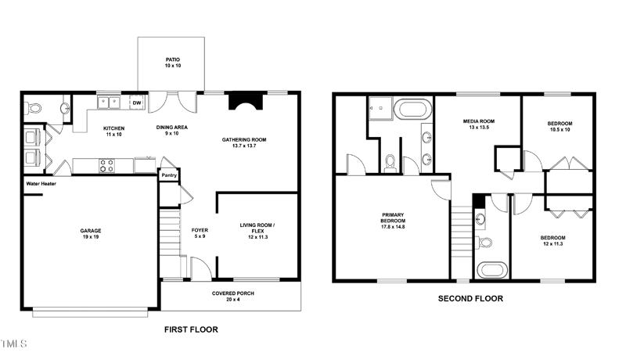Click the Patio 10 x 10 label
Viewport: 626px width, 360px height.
point(171,63)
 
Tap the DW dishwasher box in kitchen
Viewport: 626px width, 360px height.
point(136,103)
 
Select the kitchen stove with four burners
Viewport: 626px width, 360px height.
point(106,165)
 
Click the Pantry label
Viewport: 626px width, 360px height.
point(168,176)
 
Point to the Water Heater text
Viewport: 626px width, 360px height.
point(43,184)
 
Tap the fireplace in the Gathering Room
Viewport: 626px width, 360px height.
point(243,104)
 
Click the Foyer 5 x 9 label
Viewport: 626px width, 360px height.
point(199,232)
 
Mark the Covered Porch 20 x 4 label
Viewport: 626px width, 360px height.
point(232,297)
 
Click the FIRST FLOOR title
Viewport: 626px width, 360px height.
point(191,329)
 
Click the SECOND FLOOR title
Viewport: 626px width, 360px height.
point(469,298)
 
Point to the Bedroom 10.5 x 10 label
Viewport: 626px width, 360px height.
point(559,127)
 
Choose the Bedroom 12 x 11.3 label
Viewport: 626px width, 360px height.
point(552,241)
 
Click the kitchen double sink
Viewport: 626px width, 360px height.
point(108,102)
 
